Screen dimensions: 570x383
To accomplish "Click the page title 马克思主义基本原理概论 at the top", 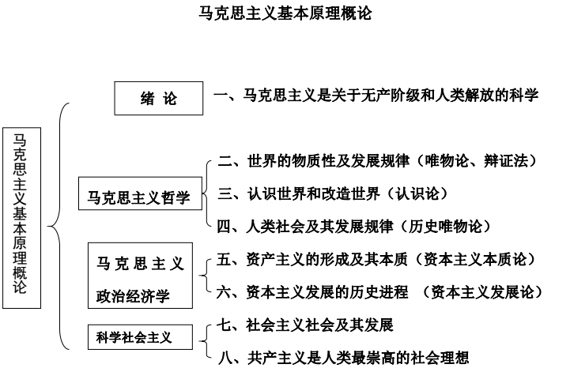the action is (285, 13).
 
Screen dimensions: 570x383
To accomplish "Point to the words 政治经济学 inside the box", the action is (133, 296).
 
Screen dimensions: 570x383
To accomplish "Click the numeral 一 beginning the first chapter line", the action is (221, 96).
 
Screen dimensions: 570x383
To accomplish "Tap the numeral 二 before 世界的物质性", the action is (225, 161).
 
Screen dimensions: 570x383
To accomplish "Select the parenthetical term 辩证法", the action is (506, 161).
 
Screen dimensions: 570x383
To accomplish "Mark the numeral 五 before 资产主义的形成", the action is (224, 259).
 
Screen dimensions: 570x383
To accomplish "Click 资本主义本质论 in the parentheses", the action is (475, 259).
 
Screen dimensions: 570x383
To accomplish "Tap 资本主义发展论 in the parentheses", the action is (482, 292).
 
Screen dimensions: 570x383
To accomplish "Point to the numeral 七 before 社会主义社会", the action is (224, 325).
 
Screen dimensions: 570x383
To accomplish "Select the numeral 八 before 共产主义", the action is (225, 358).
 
